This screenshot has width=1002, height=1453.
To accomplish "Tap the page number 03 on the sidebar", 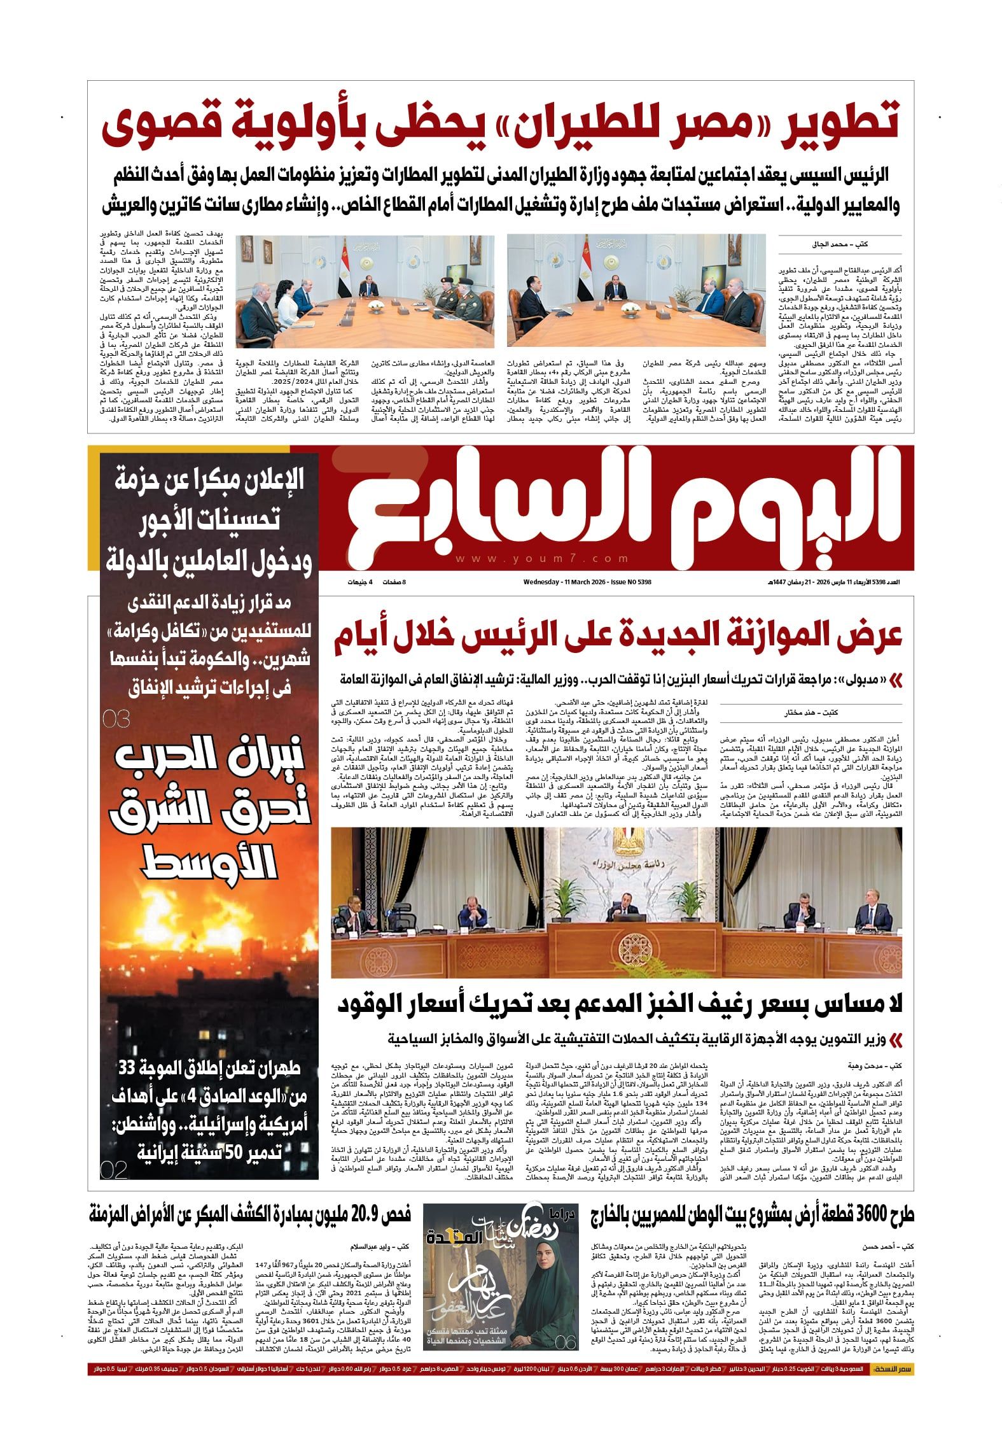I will tap(116, 719).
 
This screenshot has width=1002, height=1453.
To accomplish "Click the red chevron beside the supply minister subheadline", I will tap(896, 1040).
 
